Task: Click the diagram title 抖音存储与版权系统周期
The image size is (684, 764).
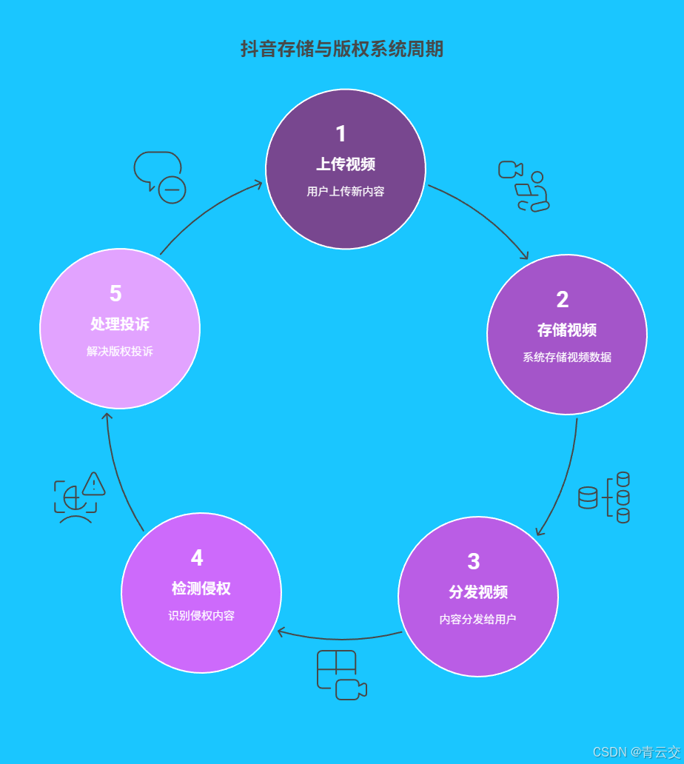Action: (342, 49)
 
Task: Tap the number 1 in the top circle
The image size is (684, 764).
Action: (341, 134)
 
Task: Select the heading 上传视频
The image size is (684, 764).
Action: (346, 164)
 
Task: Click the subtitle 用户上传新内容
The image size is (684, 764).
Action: (346, 192)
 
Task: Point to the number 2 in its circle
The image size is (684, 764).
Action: (563, 300)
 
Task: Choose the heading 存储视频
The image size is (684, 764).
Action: (567, 330)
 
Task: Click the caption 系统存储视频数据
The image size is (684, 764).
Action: (567, 358)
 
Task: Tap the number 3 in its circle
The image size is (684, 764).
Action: (474, 562)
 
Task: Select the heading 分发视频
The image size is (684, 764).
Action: (478, 592)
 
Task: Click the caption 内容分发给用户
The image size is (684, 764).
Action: (478, 620)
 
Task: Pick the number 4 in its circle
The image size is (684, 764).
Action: (197, 558)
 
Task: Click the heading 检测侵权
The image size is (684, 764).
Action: (201, 589)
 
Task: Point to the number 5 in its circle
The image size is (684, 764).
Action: (115, 294)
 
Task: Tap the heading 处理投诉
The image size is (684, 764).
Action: (120, 324)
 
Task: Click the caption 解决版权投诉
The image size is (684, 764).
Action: (120, 352)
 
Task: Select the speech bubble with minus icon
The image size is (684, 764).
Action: (159, 176)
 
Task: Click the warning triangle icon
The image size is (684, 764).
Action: (94, 484)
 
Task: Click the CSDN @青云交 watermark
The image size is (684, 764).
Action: (636, 752)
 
